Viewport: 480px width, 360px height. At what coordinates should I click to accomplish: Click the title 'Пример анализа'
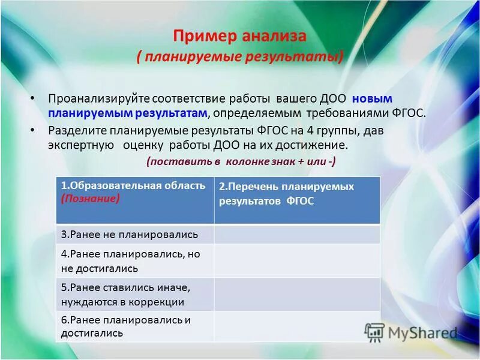tap(239, 36)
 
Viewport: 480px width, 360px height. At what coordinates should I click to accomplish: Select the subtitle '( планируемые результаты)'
tap(240, 57)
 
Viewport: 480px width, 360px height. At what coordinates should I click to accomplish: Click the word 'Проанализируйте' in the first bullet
tap(98, 98)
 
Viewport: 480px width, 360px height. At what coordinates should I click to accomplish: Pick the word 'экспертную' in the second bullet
tap(81, 146)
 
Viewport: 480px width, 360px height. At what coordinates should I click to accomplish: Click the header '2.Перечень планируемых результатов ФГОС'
tap(286, 194)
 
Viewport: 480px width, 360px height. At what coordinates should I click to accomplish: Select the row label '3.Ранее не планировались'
tap(129, 234)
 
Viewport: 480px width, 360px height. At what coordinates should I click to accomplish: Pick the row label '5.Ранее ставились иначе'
tap(125, 287)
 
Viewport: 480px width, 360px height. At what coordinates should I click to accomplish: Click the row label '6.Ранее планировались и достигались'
tap(126, 326)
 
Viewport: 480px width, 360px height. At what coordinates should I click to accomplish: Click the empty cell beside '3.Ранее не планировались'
tap(297, 234)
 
